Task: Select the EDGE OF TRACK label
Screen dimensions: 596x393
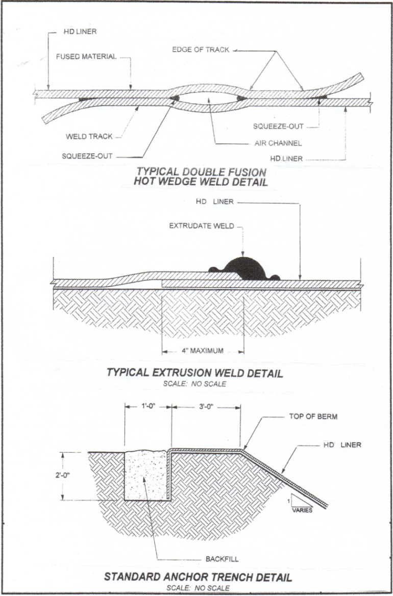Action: tap(201, 50)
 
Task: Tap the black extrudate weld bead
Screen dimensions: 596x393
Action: tap(246, 268)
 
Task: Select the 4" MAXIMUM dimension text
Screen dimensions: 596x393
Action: tap(203, 351)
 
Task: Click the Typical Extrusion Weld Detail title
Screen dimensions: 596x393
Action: tap(194, 373)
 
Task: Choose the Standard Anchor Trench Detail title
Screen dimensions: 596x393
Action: tap(198, 578)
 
